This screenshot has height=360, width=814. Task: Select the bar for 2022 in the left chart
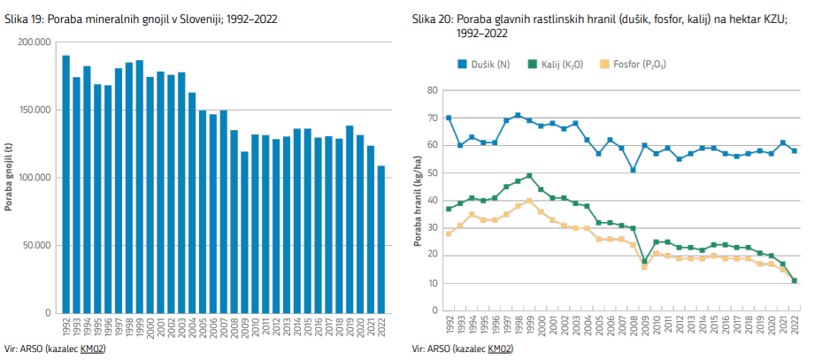click(x=382, y=239)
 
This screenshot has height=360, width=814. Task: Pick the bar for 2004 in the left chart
click(x=192, y=203)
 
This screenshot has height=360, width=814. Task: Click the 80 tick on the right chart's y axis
click(x=434, y=90)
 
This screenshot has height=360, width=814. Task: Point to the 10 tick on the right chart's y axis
click(x=434, y=283)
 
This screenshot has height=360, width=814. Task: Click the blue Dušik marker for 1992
click(x=449, y=118)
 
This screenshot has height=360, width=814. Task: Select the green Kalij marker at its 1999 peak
click(x=528, y=175)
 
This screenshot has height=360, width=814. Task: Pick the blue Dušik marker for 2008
click(x=633, y=170)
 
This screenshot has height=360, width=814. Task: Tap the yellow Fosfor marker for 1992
click(x=449, y=234)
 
